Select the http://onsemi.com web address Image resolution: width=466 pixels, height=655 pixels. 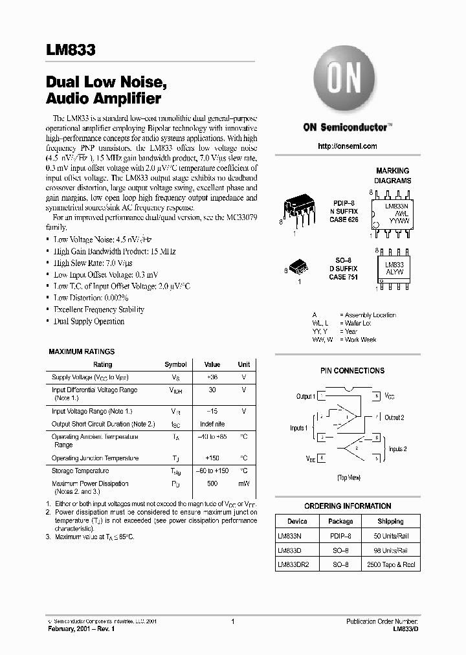(x=348, y=146)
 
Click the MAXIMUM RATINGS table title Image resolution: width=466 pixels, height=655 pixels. (x=82, y=351)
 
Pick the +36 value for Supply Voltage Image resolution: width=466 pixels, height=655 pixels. (x=212, y=377)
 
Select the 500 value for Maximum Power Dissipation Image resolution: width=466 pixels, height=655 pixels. (x=212, y=483)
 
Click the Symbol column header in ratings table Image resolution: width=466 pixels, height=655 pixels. (x=175, y=364)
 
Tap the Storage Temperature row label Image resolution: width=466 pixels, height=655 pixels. (x=80, y=471)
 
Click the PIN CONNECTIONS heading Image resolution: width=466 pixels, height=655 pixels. (x=352, y=371)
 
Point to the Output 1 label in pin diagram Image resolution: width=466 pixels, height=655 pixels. (x=305, y=396)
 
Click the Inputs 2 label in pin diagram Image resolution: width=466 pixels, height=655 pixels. (x=397, y=449)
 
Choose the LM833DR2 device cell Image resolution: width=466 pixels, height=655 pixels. (x=293, y=564)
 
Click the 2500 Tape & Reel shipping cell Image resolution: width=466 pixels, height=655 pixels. (x=390, y=564)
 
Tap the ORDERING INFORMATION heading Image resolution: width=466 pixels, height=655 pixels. (x=348, y=506)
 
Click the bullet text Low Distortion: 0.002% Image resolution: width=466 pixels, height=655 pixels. (x=89, y=298)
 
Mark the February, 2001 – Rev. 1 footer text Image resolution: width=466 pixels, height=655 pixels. (x=85, y=629)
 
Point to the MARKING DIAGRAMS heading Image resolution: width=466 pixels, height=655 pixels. (x=393, y=176)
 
